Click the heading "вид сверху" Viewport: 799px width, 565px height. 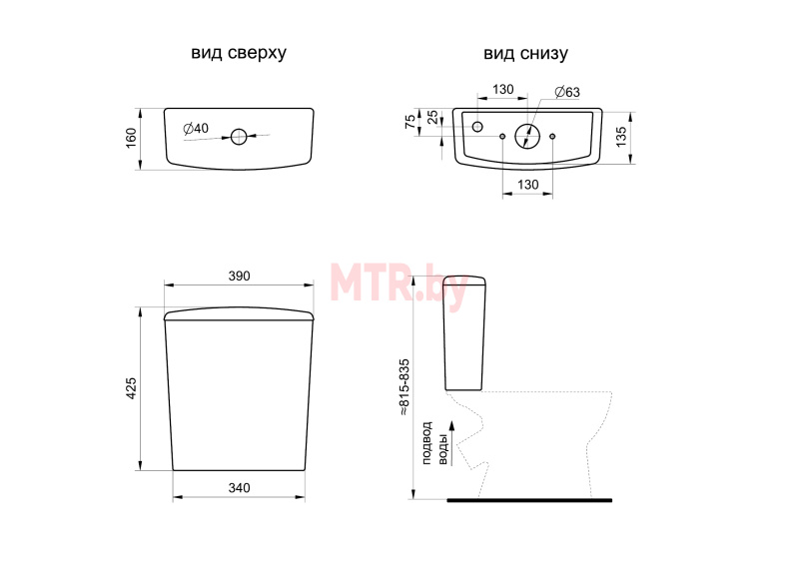tap(239, 53)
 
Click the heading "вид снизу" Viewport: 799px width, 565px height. tap(525, 54)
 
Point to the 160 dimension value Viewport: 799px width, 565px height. tap(131, 139)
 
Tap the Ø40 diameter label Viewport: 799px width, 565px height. tap(196, 129)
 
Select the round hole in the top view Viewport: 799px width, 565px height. tap(239, 137)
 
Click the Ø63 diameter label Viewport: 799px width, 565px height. tap(567, 92)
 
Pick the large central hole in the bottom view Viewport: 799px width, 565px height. tap(527, 136)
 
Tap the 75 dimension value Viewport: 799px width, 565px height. tap(410, 122)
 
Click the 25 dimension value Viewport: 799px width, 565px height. tap(432, 117)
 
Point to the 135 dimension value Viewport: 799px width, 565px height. tap(621, 137)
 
